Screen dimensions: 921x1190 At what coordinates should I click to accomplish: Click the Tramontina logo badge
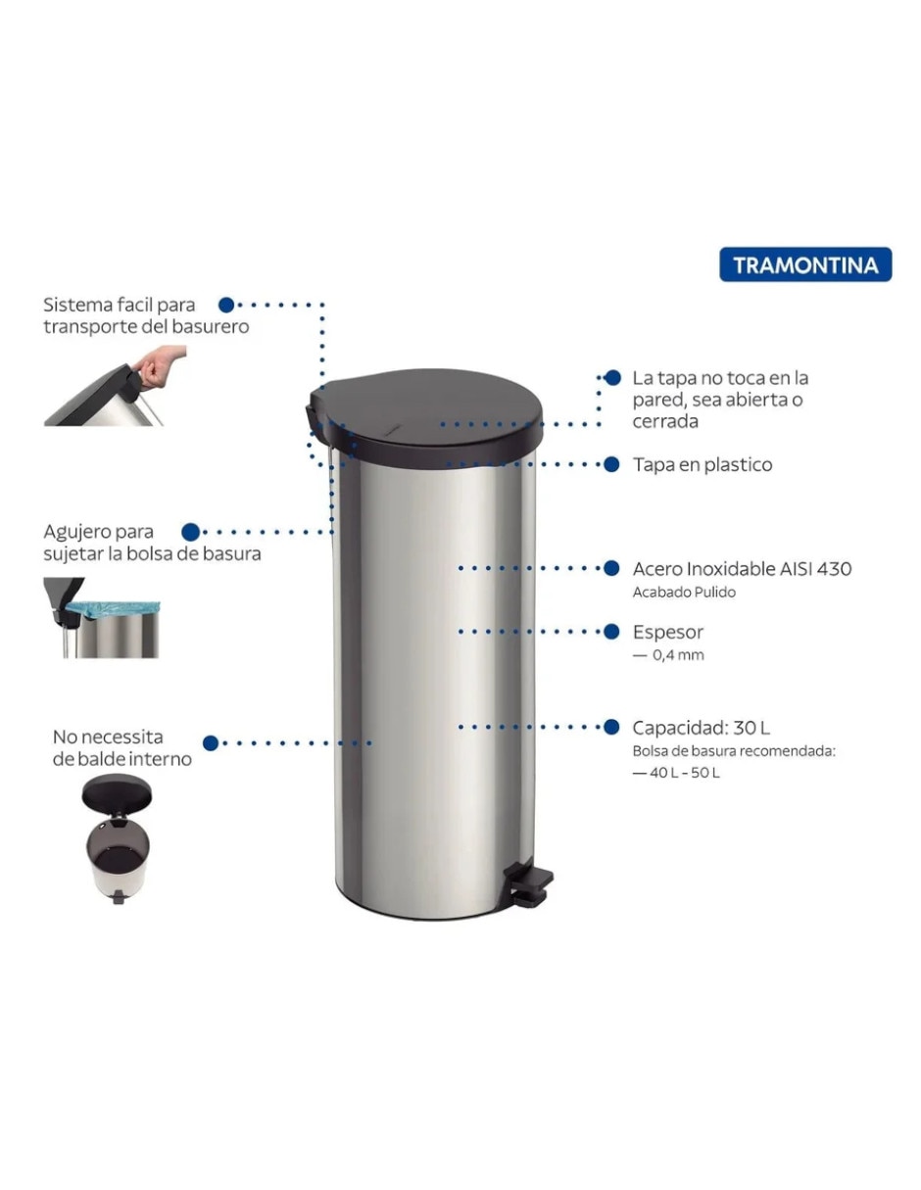pos(805,264)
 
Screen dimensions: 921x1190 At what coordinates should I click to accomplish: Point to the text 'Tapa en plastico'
pos(703,464)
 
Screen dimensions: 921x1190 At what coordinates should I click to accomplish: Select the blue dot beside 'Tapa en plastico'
pos(611,464)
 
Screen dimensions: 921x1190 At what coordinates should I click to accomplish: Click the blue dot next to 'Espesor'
pos(611,632)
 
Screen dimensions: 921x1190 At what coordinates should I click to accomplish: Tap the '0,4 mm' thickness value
pos(678,655)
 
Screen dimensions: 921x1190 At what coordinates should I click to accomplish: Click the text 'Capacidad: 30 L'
pos(701,728)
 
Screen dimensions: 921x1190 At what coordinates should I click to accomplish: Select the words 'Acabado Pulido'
pos(684,592)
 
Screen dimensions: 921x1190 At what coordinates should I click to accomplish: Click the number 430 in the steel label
pos(835,569)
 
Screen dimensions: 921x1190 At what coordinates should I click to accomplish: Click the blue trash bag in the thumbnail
pos(114,609)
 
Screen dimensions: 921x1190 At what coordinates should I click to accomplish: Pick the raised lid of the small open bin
pos(117,794)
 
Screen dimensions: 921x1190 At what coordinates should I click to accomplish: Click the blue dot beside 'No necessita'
pos(211,743)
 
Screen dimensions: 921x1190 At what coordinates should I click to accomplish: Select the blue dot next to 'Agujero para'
pos(190,532)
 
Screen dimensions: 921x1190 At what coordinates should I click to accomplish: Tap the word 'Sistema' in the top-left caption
pos(78,305)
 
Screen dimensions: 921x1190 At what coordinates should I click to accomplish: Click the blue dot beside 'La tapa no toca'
pos(613,377)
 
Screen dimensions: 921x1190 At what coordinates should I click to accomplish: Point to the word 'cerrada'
pos(665,422)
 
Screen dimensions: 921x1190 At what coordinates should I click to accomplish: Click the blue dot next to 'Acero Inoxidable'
pos(611,568)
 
